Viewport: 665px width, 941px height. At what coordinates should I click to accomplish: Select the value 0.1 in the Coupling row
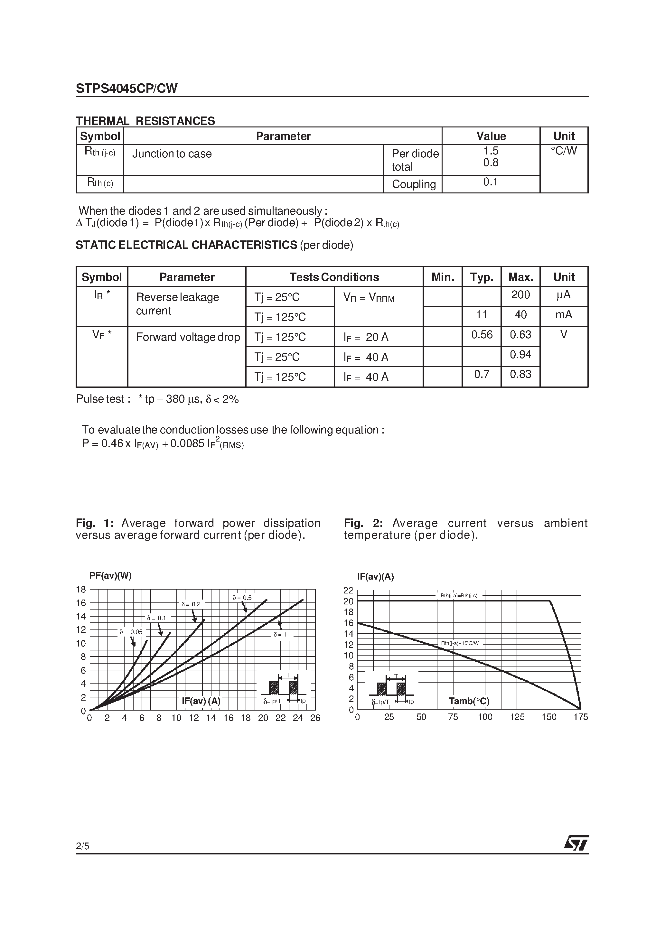[490, 182]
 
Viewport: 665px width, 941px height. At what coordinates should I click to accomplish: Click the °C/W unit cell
[563, 151]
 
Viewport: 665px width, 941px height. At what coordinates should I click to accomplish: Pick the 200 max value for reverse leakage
[520, 295]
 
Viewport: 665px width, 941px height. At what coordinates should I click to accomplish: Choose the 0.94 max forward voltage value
[520, 355]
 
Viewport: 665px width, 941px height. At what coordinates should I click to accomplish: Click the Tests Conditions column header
[334, 277]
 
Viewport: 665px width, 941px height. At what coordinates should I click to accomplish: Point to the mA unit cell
[563, 315]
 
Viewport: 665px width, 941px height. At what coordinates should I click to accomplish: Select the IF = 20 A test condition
[366, 337]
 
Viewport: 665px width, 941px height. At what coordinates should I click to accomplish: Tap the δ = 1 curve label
[280, 634]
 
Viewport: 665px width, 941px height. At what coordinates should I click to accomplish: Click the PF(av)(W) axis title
[110, 575]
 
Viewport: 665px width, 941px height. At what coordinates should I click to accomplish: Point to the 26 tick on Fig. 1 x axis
[315, 718]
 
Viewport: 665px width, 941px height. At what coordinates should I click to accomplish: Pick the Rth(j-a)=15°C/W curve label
[460, 643]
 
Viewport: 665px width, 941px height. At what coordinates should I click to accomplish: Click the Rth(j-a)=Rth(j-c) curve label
[458, 595]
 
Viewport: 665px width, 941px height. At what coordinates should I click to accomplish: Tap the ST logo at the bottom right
[576, 843]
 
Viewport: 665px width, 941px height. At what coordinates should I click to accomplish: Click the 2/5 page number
[82, 846]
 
